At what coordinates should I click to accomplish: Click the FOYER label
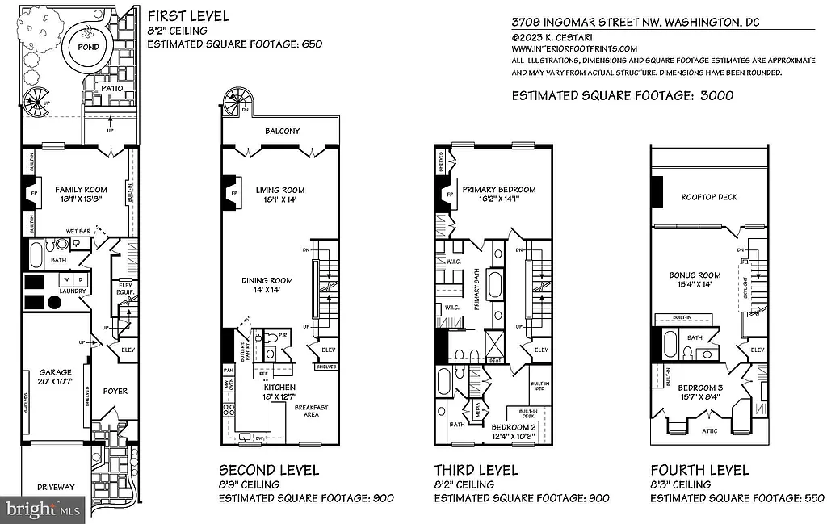click(x=115, y=391)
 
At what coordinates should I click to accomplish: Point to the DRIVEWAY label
click(x=56, y=487)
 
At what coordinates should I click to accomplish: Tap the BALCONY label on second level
click(x=282, y=131)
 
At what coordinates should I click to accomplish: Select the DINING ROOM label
click(x=267, y=280)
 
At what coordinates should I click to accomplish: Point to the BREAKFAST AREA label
click(x=311, y=411)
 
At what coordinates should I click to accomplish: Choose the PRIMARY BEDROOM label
click(x=498, y=190)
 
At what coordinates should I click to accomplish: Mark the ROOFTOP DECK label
click(x=708, y=197)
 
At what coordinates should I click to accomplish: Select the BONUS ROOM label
click(x=695, y=275)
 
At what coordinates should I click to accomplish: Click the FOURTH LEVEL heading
click(x=699, y=470)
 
